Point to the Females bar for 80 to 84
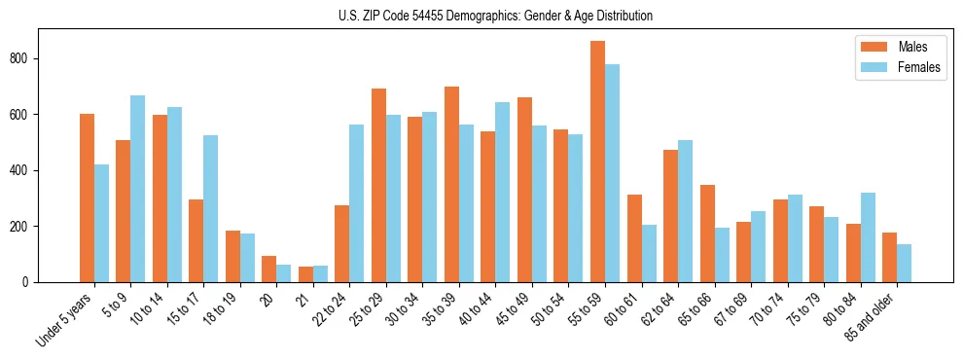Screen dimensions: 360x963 tap(868, 237)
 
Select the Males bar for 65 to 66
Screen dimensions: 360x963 tap(707, 234)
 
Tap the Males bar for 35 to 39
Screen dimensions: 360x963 tap(451, 185)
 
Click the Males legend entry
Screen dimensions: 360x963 tap(890, 47)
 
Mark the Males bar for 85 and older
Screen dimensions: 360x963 tap(889, 258)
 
